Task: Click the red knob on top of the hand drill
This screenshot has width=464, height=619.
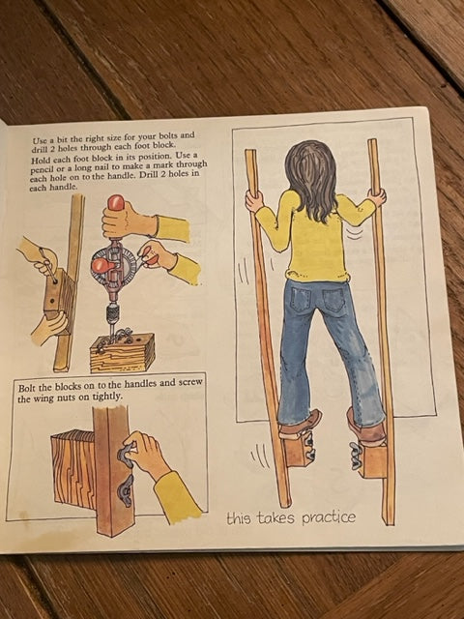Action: click(x=116, y=203)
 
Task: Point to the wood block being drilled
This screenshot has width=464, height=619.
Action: click(x=122, y=353)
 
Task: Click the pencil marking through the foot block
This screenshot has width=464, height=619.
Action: click(x=47, y=266)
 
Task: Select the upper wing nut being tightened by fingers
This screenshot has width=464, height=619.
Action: click(x=127, y=454)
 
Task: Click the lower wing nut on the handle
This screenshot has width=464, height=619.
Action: click(x=125, y=490)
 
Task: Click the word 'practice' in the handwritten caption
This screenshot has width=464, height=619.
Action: click(x=329, y=518)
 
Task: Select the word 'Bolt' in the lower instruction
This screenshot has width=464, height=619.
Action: click(x=27, y=388)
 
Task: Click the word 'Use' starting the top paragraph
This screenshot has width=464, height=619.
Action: click(x=39, y=140)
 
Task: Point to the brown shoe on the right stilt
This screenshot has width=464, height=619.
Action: click(x=365, y=427)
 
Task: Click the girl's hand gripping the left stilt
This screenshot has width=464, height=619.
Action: click(x=253, y=200)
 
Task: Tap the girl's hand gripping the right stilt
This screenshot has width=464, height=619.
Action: click(x=377, y=197)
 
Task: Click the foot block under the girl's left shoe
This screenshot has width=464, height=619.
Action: click(x=298, y=449)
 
